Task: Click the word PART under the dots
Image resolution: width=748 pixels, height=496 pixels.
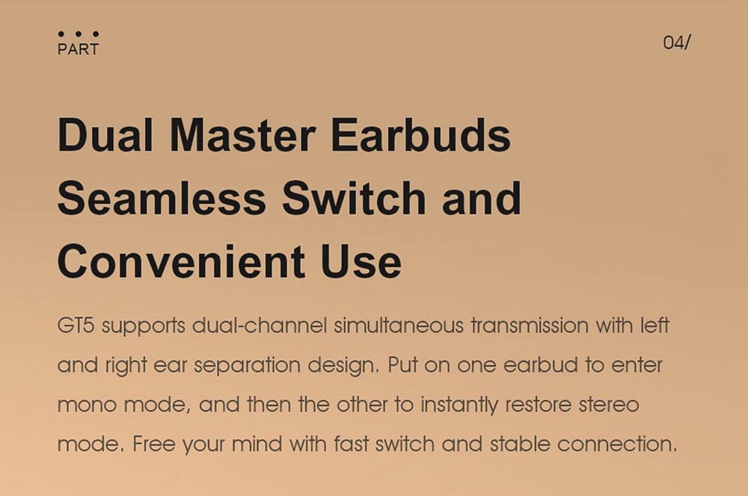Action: pyautogui.click(x=79, y=49)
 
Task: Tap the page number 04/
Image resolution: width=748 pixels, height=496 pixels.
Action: pyautogui.click(x=677, y=43)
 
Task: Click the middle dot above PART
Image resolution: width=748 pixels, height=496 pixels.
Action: pyautogui.click(x=79, y=34)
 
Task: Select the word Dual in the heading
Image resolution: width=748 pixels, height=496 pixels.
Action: pyautogui.click(x=105, y=135)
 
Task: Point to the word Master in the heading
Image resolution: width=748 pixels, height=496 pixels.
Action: pyautogui.click(x=243, y=135)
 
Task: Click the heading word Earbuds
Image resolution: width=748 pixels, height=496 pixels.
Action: pyautogui.click(x=420, y=135)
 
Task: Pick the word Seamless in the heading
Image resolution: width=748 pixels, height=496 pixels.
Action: pyautogui.click(x=162, y=198)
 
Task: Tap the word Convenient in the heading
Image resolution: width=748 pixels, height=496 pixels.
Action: pyautogui.click(x=181, y=261)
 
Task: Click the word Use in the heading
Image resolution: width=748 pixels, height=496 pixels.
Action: pyautogui.click(x=361, y=261)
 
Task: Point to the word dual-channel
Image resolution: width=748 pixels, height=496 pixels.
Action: pyautogui.click(x=260, y=326)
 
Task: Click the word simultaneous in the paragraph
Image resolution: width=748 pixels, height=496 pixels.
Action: pyautogui.click(x=399, y=326)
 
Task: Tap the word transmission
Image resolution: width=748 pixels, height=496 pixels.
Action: pyautogui.click(x=530, y=326)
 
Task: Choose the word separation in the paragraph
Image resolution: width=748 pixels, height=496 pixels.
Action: pyautogui.click(x=247, y=366)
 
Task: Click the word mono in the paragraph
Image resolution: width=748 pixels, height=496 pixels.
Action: pyautogui.click(x=88, y=405)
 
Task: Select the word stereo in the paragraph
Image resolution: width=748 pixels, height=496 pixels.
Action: pyautogui.click(x=609, y=405)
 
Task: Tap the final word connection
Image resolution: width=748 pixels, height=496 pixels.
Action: pyautogui.click(x=617, y=444)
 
